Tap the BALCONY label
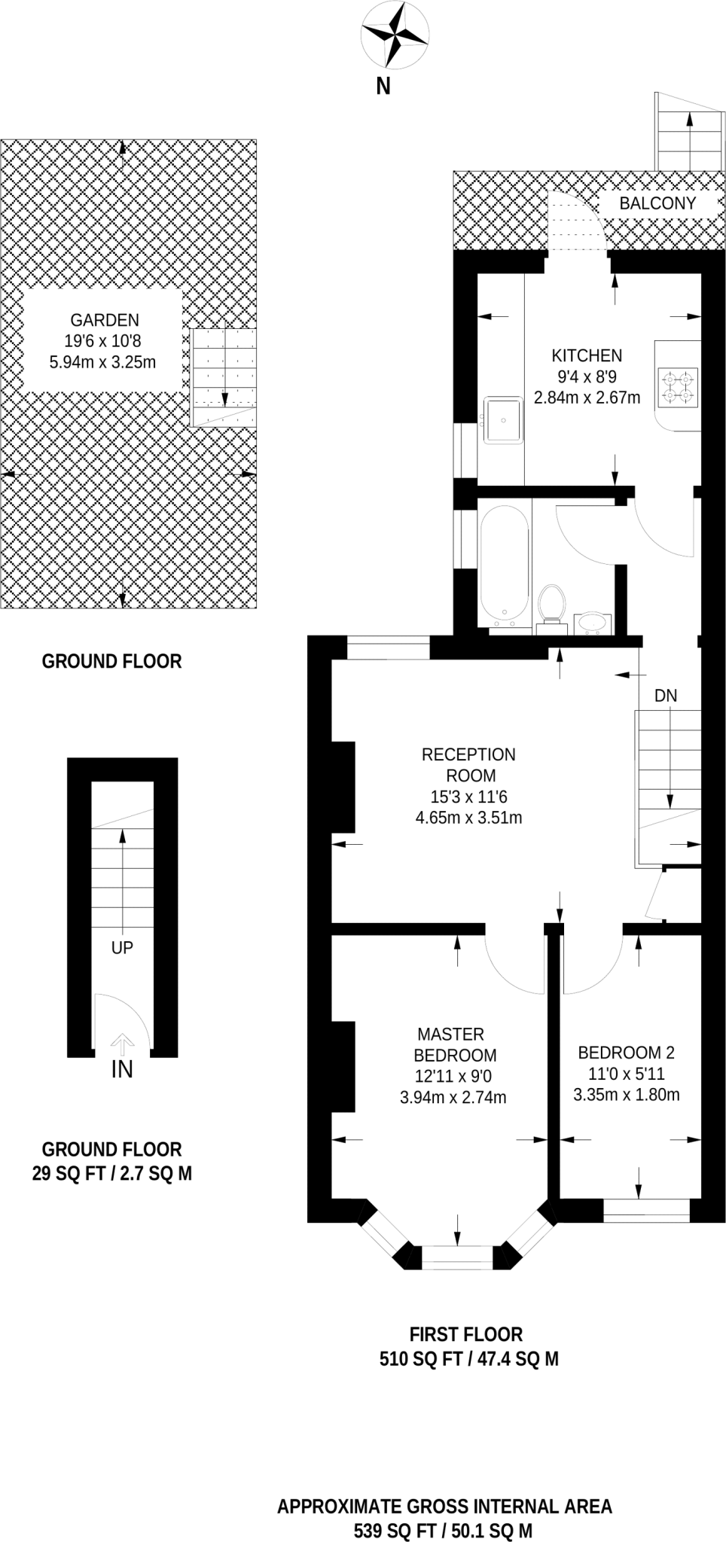pos(657,203)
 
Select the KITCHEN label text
pos(587,355)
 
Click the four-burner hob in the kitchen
pos(679,387)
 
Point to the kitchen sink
pos(503,419)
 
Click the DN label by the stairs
pos(666,696)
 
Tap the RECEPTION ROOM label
pos(468,765)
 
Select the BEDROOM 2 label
pos(626,1053)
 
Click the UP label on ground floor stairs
pos(122,948)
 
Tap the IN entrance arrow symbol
pos(122,1044)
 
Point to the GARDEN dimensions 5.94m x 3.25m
pos(102,362)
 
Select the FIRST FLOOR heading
pos(465,1334)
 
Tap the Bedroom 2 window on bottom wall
pos(646,1209)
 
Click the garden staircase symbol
pos(224,376)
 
